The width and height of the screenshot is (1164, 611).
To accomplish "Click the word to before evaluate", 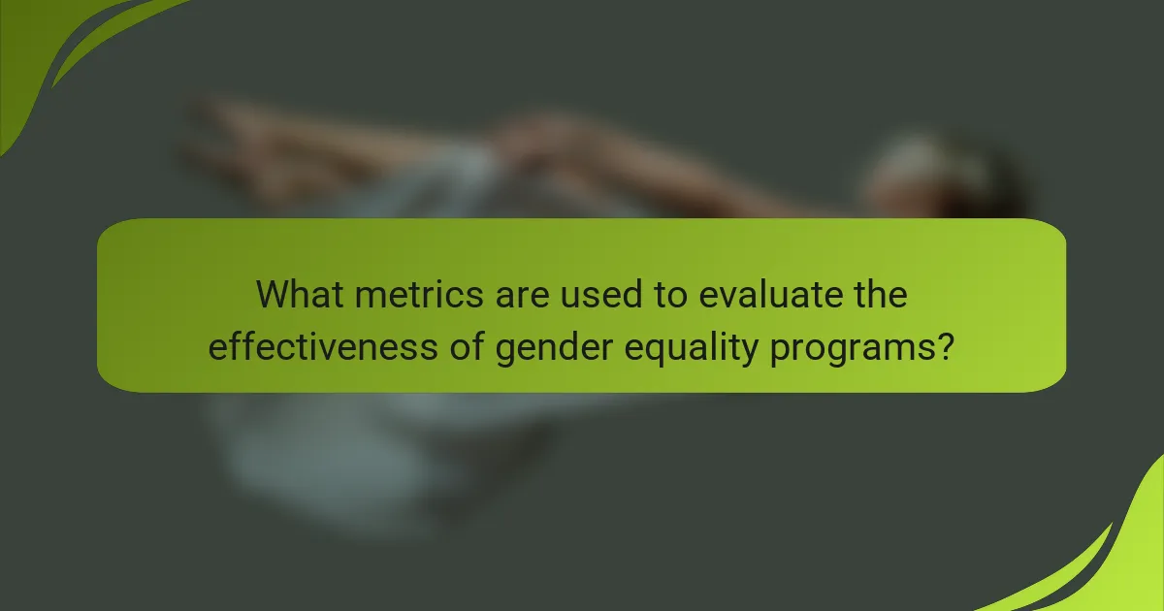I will [x=667, y=295].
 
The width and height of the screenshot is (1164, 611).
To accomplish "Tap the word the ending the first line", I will [x=881, y=295].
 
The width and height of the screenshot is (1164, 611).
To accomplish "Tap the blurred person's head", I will [x=931, y=179].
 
